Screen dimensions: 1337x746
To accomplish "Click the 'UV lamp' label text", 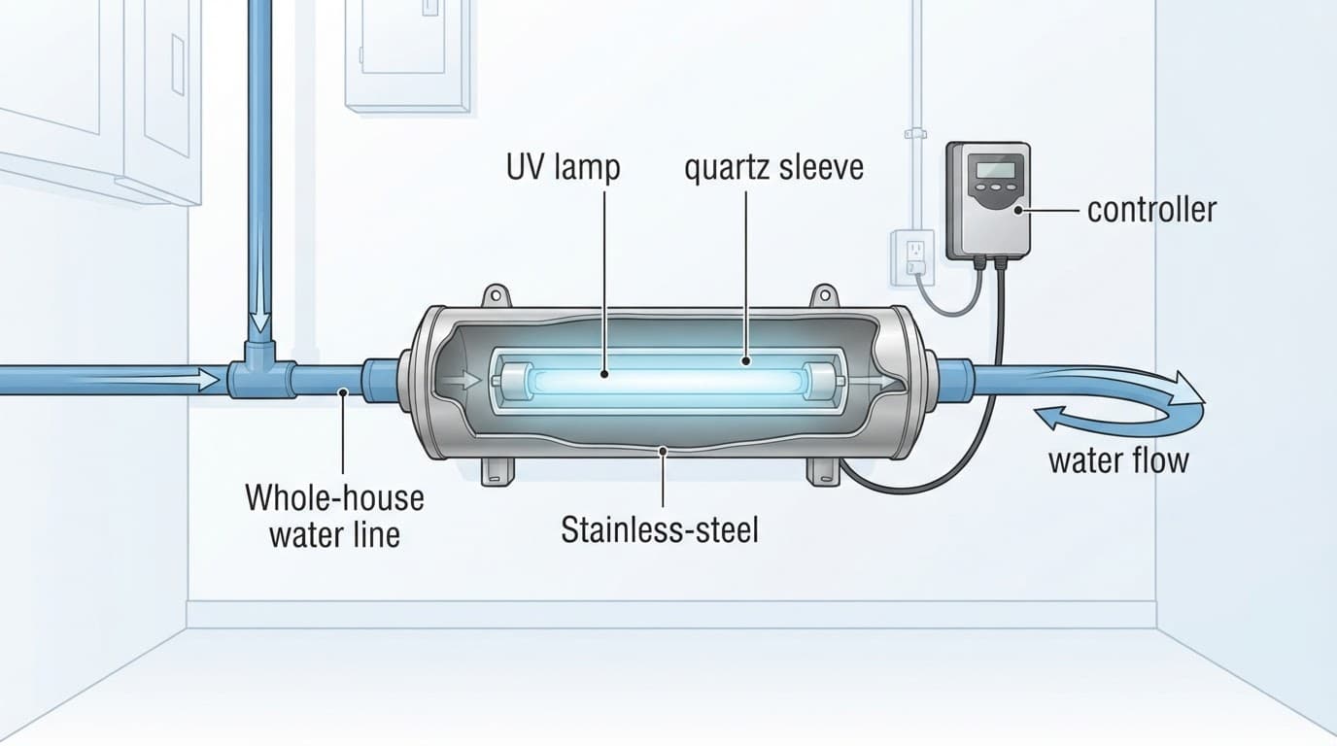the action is click(563, 168).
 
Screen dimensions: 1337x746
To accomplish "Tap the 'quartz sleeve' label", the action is click(774, 168).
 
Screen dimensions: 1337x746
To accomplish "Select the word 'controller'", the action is click(1151, 210).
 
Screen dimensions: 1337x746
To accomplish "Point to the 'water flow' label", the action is click(1119, 460).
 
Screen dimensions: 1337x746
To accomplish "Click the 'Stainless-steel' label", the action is click(660, 529).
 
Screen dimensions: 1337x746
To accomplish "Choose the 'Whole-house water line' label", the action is click(335, 516).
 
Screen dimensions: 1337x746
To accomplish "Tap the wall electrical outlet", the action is click(912, 257).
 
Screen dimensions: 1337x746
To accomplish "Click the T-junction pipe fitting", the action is click(260, 373).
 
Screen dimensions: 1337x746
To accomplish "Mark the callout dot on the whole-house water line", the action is click(343, 391).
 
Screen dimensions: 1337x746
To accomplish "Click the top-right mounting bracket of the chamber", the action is click(824, 295).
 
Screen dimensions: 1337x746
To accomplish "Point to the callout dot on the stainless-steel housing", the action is click(663, 451).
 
